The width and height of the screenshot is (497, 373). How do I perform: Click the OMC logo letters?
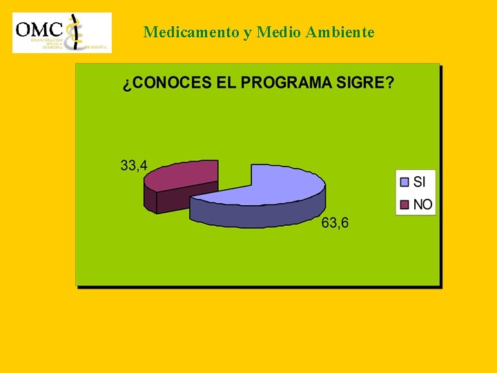pos(39,29)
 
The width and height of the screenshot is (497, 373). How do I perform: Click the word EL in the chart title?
pos(226,83)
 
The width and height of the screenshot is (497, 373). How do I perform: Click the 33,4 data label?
pos(134,166)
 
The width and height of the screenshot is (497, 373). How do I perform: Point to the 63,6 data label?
pos(335,223)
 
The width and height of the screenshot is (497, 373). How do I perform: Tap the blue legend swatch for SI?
pos(405,182)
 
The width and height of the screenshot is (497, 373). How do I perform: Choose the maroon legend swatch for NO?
pos(405,204)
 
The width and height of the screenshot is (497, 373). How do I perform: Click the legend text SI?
pos(420,182)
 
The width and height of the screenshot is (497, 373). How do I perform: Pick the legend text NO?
pos(422,204)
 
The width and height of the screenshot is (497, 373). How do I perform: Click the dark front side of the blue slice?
pos(255,216)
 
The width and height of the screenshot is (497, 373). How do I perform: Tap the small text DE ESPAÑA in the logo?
pos(95,47)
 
